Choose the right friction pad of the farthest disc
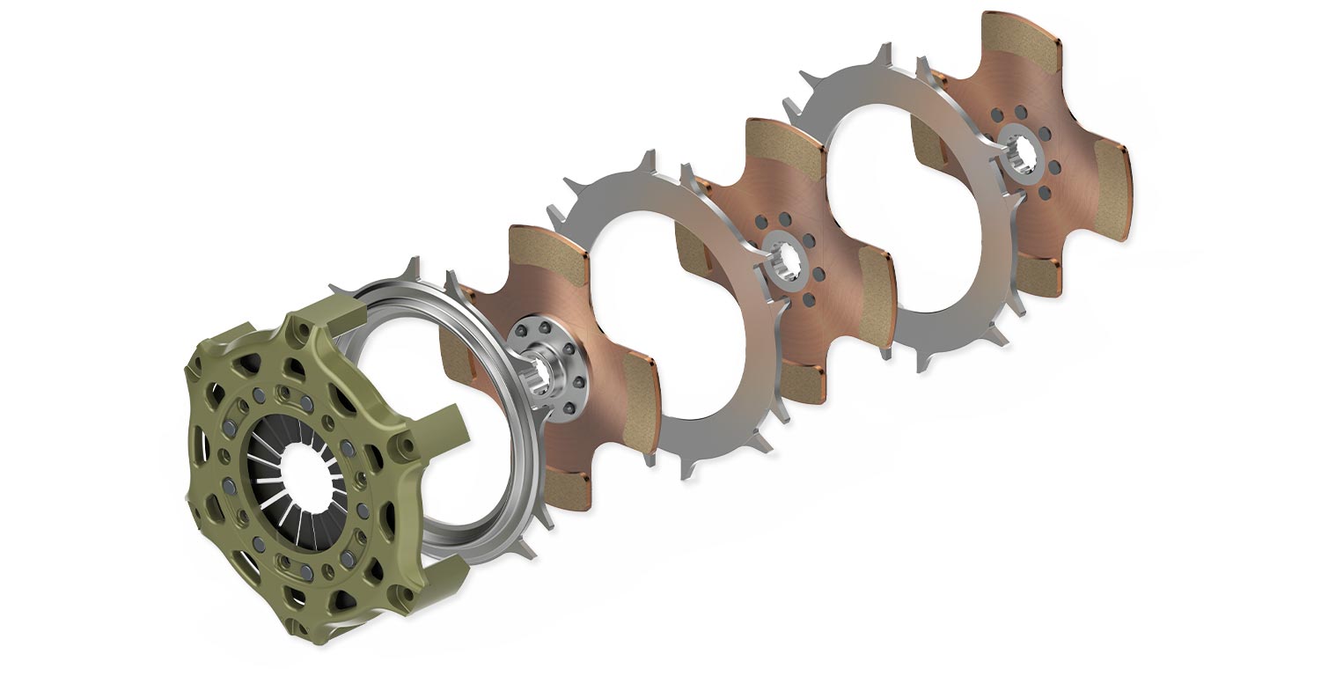1112,189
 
